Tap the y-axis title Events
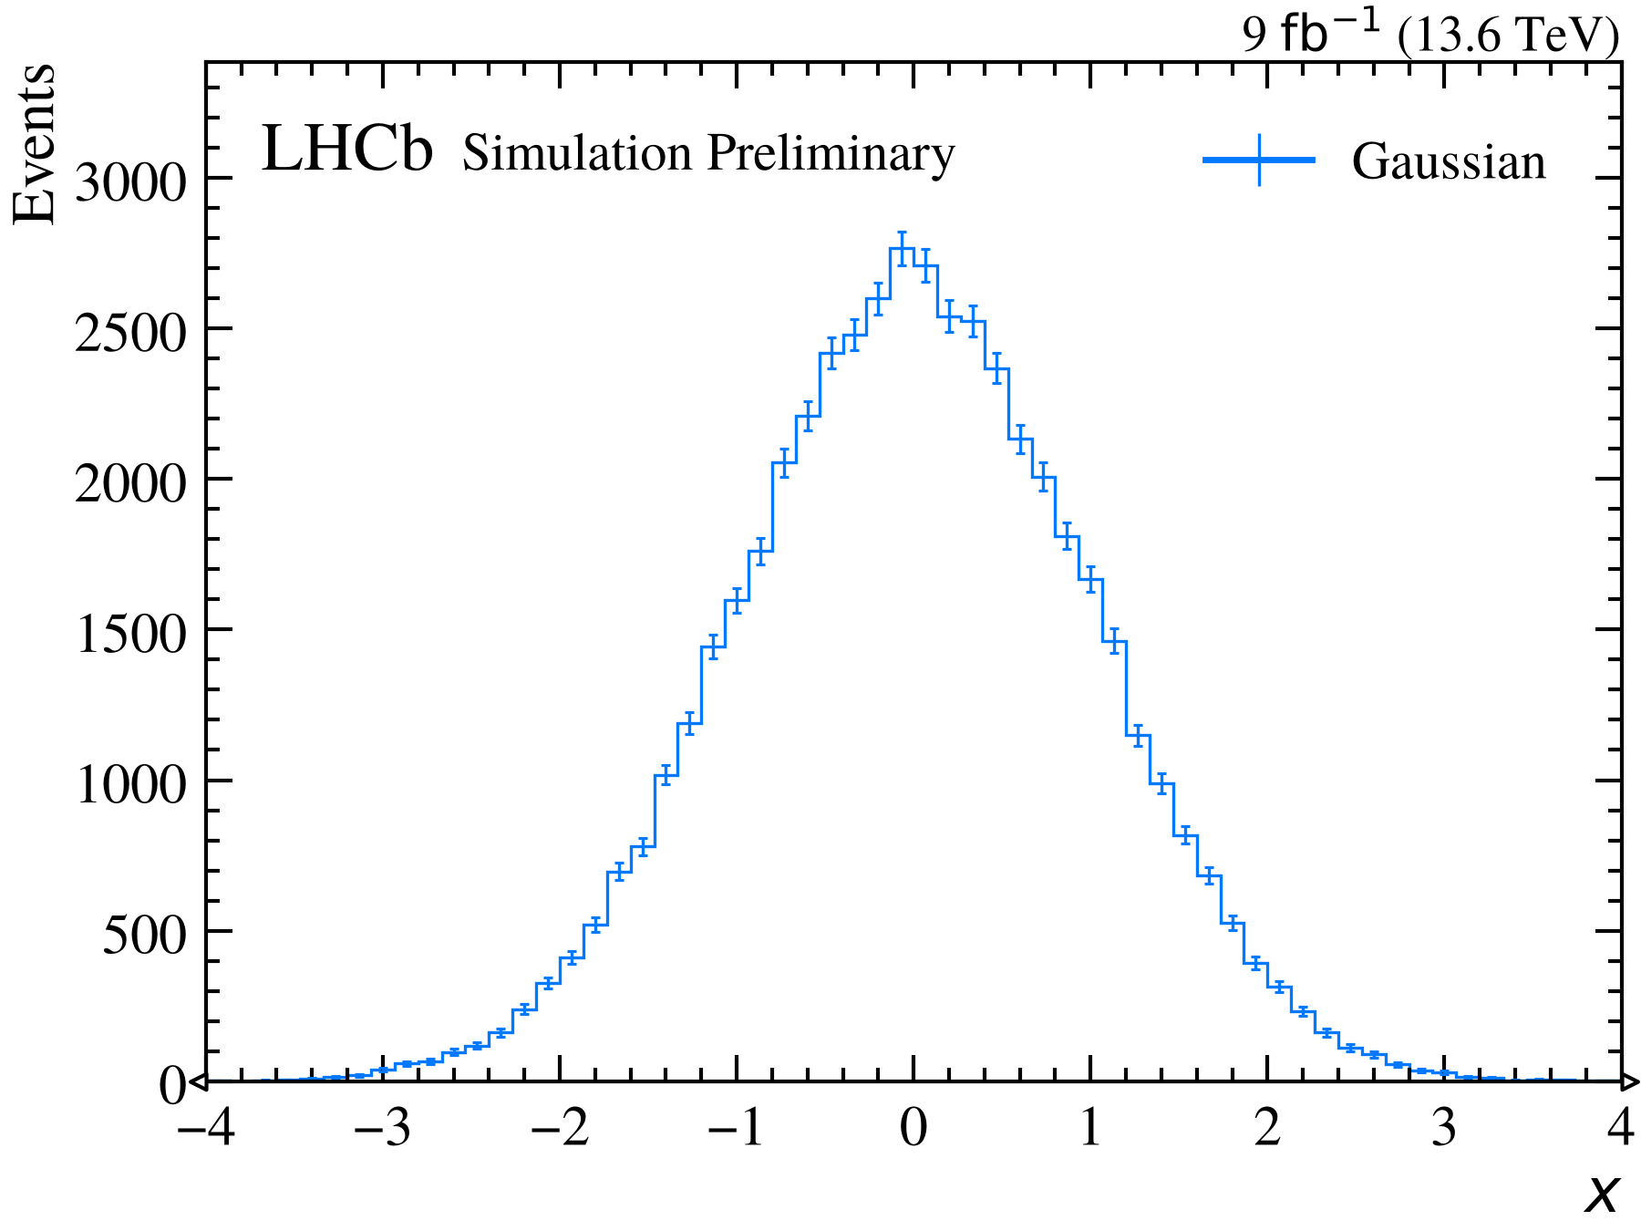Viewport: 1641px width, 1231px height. [x=35, y=143]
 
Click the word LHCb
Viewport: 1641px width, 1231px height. [x=347, y=149]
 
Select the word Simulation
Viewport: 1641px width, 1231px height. [x=577, y=153]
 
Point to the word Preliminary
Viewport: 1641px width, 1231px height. [x=831, y=155]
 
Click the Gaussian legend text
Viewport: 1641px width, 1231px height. [x=1449, y=162]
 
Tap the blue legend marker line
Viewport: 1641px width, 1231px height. [x=1259, y=160]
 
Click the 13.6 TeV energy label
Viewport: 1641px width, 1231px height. [x=1508, y=36]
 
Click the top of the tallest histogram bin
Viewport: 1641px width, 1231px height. [x=902, y=248]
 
